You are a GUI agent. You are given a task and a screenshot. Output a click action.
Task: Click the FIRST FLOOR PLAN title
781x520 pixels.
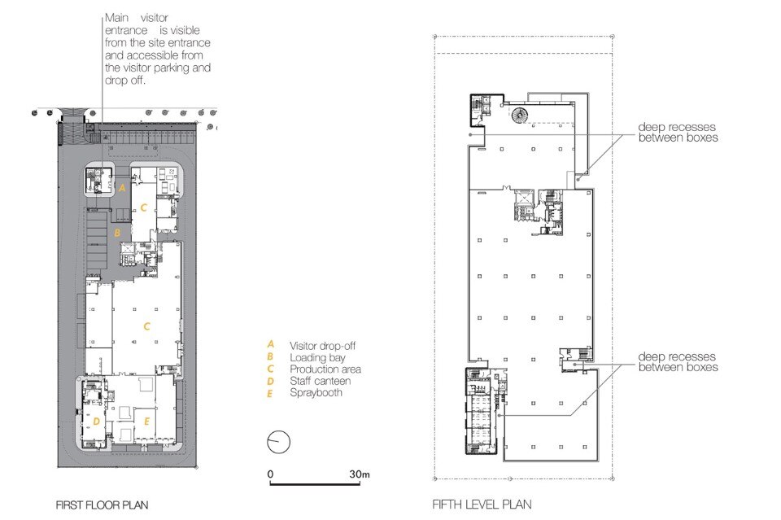click(x=103, y=505)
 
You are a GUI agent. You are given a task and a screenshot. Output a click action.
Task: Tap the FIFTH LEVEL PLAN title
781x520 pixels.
click(x=482, y=505)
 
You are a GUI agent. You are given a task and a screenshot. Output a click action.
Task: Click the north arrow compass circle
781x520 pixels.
click(x=278, y=442)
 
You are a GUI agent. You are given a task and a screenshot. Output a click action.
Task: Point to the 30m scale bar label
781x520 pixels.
click(x=359, y=474)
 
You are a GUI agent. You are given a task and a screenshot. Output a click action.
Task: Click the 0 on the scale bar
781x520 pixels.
click(x=270, y=474)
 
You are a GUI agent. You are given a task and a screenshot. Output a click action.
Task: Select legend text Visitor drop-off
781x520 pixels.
click(x=323, y=346)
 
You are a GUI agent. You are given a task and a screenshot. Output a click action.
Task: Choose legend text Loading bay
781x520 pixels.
click(x=318, y=357)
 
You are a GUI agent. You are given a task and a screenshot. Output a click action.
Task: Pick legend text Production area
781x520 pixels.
click(x=325, y=369)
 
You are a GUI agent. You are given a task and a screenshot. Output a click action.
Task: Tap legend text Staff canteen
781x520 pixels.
click(x=321, y=381)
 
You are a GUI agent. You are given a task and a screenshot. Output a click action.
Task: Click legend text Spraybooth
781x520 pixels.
click(x=316, y=393)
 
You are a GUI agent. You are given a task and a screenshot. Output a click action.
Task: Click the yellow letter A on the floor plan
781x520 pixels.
click(x=122, y=188)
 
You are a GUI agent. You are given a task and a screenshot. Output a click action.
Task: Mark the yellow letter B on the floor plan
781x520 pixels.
click(x=117, y=233)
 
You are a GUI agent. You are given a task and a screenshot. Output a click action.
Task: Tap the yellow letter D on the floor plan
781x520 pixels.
click(x=96, y=422)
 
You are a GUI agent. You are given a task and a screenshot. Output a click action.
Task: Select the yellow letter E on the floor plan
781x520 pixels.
click(x=146, y=422)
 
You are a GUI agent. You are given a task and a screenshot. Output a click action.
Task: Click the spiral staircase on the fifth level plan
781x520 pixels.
click(x=519, y=116)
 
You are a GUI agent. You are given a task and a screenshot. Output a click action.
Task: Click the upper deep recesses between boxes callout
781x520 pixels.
click(x=678, y=133)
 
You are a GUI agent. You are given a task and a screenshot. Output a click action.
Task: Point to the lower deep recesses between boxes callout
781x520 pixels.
click(x=678, y=362)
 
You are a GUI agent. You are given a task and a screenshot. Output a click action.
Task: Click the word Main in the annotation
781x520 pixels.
click(x=117, y=18)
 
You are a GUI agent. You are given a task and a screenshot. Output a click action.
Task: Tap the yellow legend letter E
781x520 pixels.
click(x=270, y=394)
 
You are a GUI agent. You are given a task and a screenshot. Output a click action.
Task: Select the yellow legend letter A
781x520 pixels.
click(x=270, y=344)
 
